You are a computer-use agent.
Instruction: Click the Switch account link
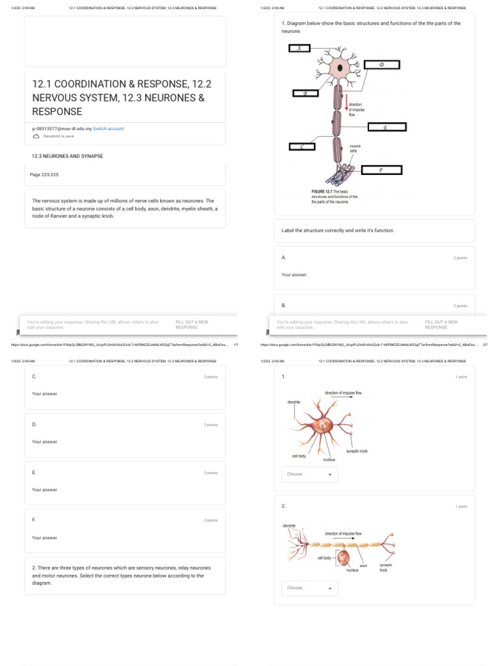(x=109, y=129)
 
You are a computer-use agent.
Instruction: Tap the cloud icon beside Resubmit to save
(x=36, y=137)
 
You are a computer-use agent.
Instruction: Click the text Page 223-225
(x=44, y=174)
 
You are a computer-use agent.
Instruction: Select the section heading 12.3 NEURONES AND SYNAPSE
(x=68, y=156)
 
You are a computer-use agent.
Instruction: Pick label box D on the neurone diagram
(x=382, y=64)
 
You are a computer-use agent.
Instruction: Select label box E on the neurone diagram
(x=385, y=127)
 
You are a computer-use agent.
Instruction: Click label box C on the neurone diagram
(x=301, y=147)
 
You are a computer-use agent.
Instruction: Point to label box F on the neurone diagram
(x=381, y=170)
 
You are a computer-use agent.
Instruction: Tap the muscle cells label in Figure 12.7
(x=355, y=148)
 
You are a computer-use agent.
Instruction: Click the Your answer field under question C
(x=45, y=394)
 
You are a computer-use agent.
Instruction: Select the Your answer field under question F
(x=45, y=538)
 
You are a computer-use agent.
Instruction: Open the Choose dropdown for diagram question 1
(x=309, y=474)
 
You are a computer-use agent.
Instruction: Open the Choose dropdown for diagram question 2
(x=309, y=588)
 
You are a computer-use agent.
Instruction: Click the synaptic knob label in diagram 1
(x=357, y=451)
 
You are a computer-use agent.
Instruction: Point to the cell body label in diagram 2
(x=324, y=558)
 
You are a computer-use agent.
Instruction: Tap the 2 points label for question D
(x=211, y=425)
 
